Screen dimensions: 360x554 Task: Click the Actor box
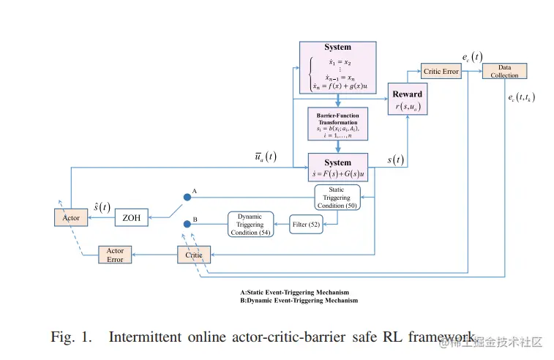(x=71, y=217)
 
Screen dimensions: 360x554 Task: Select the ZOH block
(x=132, y=217)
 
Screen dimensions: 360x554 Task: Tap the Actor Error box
(x=116, y=255)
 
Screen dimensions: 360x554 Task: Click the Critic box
(x=194, y=255)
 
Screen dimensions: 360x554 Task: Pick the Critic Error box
(x=442, y=71)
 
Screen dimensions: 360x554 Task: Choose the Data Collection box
(x=504, y=71)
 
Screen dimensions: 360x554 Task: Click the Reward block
(x=408, y=100)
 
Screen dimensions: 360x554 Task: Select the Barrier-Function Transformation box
(x=337, y=124)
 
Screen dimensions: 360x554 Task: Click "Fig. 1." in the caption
(x=72, y=337)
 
